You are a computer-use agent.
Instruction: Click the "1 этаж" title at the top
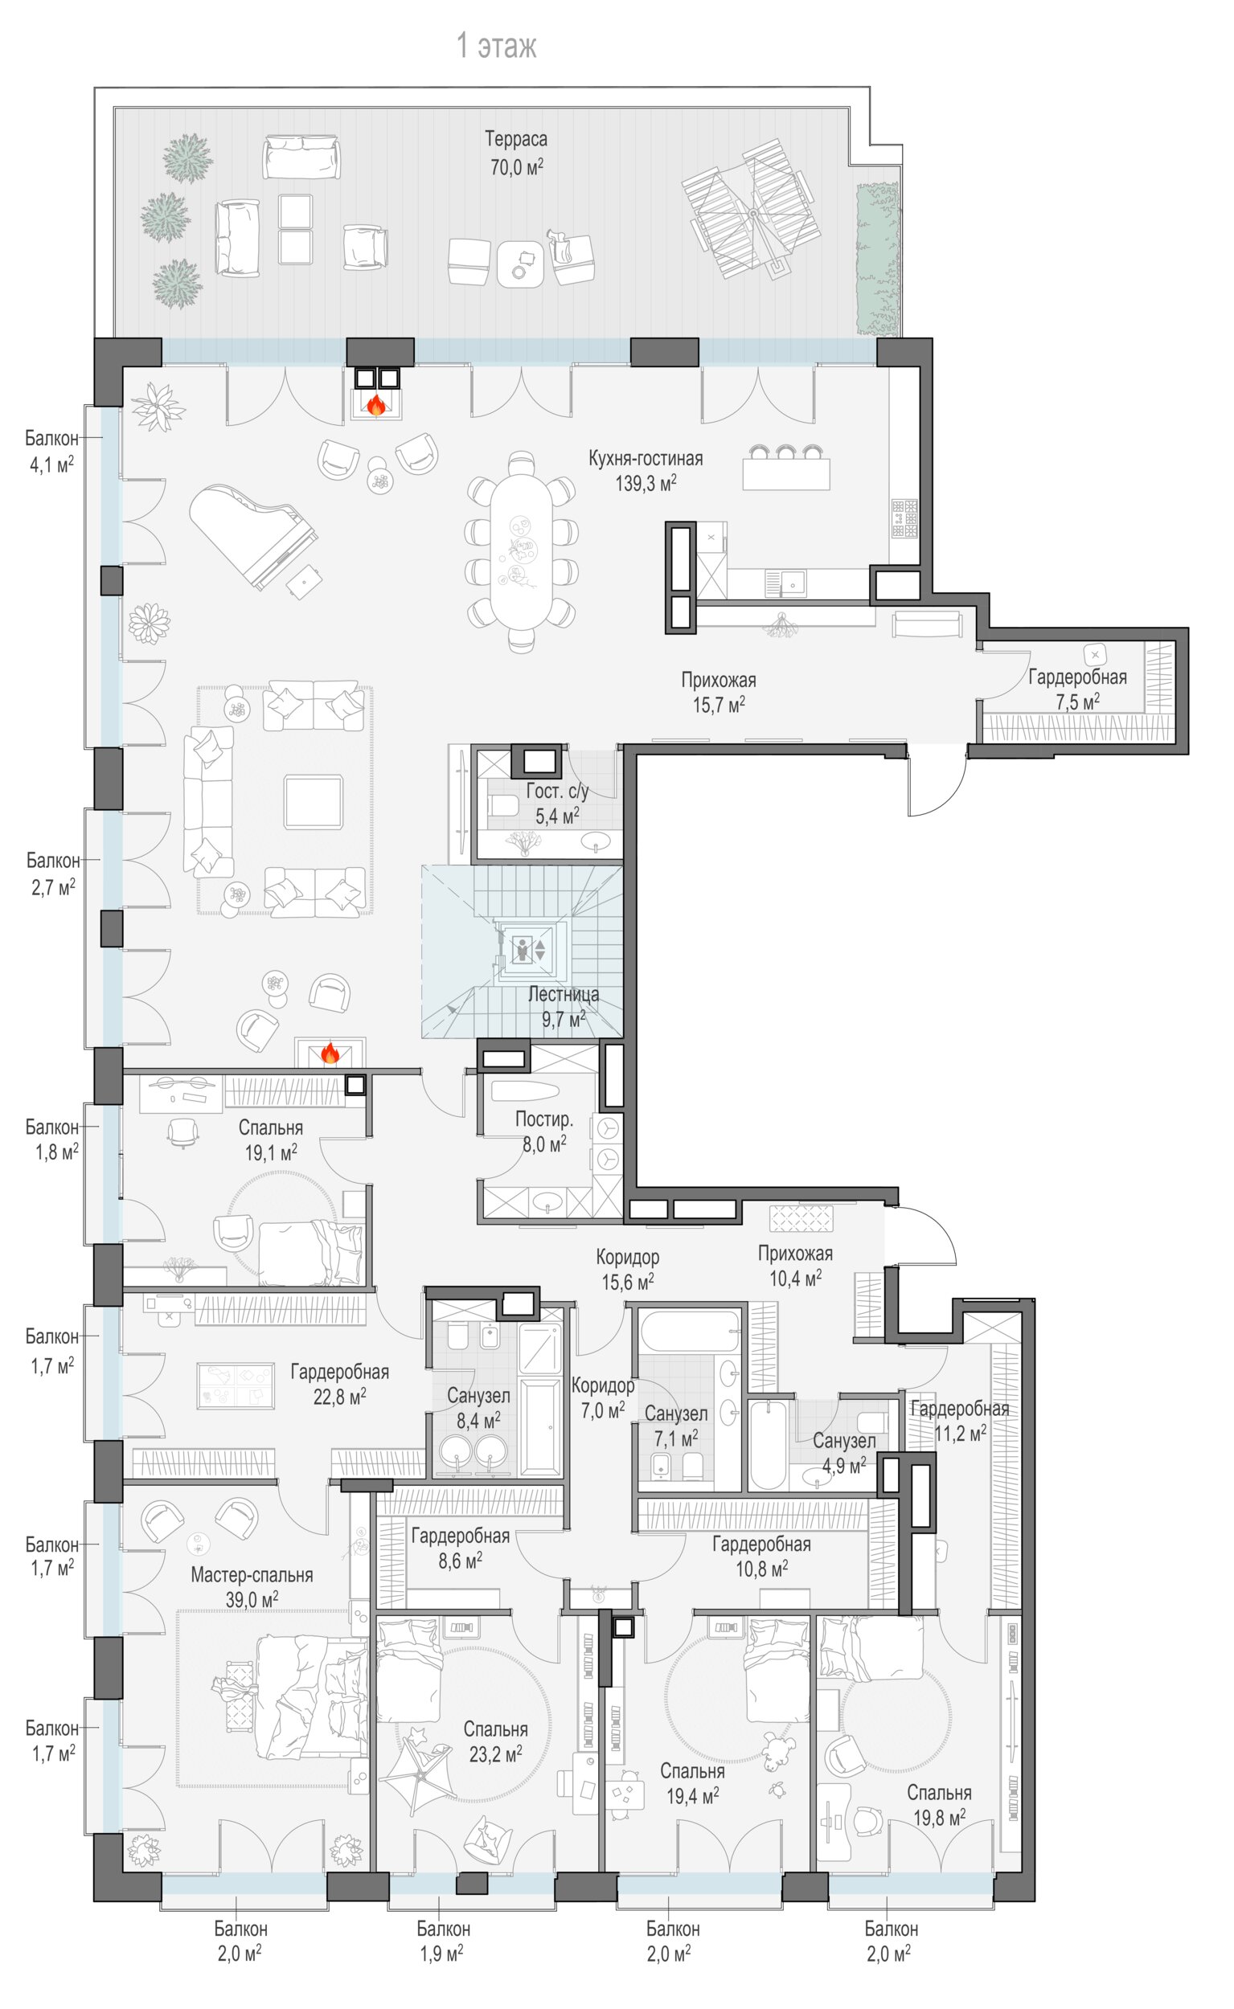(x=496, y=47)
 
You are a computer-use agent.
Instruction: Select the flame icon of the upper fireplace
(x=376, y=404)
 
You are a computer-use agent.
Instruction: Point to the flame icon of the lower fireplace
(x=330, y=1053)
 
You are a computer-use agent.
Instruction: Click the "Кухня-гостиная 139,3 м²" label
(x=646, y=471)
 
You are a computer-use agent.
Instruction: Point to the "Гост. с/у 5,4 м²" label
(x=557, y=803)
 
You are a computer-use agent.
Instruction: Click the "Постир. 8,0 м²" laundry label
(x=544, y=1132)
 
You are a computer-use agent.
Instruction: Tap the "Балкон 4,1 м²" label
(x=51, y=451)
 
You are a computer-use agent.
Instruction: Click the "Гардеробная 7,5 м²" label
(x=1077, y=689)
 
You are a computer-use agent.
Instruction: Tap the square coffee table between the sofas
(x=314, y=802)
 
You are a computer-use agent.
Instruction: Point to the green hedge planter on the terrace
(x=877, y=260)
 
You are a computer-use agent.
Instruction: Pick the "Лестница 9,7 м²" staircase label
(x=563, y=1007)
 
